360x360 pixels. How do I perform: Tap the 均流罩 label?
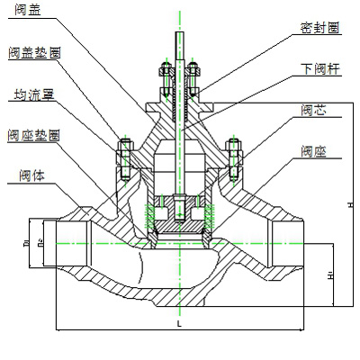click(31, 94)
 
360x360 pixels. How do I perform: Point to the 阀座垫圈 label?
click(34, 135)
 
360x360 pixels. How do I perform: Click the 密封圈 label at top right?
click(319, 28)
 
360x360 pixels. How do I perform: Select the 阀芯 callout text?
click(314, 110)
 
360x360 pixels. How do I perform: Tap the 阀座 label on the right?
click(314, 152)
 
